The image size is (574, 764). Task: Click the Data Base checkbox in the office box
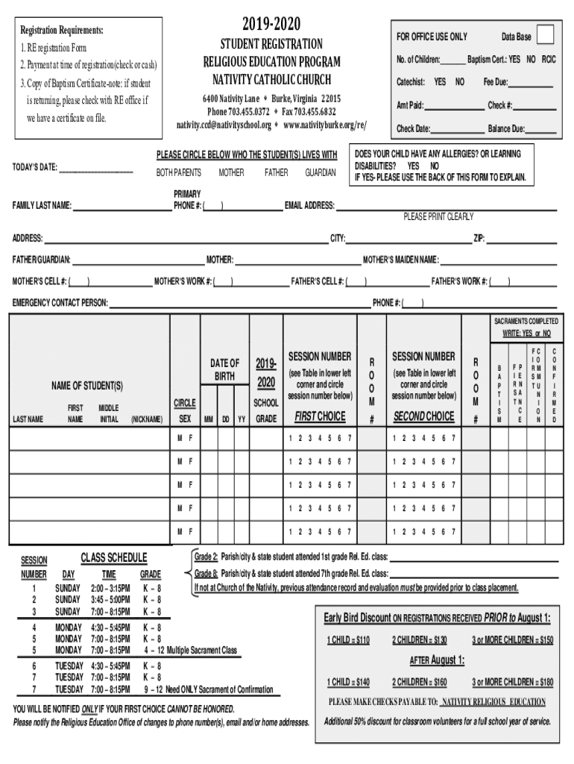(546, 35)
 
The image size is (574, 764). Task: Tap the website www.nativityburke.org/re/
(325, 125)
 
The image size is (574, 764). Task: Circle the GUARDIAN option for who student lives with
(320, 172)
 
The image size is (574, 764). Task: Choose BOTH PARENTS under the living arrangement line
(178, 172)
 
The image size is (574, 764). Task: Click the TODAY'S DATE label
(35, 167)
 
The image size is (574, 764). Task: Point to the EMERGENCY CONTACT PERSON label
(60, 303)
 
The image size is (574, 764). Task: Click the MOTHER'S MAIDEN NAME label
(400, 260)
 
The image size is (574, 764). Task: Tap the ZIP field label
(479, 239)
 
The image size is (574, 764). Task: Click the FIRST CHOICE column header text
(320, 416)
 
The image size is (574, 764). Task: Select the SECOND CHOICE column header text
(423, 416)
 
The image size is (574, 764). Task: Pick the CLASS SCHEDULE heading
(113, 558)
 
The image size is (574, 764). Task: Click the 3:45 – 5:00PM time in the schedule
(109, 599)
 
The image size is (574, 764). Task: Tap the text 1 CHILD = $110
(347, 639)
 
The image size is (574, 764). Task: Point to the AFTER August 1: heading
(437, 660)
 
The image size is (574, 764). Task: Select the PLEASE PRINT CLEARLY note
(438, 216)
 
